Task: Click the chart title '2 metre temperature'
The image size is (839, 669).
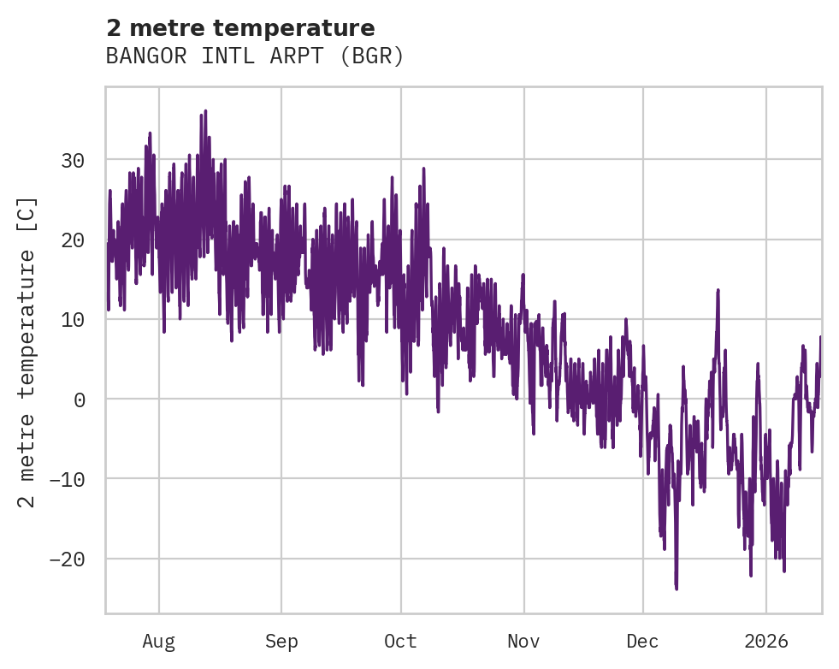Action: [x=240, y=28]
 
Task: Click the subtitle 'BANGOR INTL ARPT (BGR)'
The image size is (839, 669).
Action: [x=254, y=56]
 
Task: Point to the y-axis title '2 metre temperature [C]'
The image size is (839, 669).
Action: [x=27, y=352]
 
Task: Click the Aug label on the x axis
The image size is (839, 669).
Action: [x=158, y=641]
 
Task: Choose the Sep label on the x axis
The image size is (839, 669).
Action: [x=281, y=641]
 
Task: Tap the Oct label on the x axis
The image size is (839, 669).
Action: [x=400, y=641]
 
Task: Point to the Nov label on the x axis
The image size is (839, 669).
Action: [x=523, y=641]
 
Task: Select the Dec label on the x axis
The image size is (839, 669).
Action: [x=642, y=641]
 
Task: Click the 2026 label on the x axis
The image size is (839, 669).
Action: [x=766, y=641]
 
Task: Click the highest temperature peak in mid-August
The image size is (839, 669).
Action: [x=205, y=111]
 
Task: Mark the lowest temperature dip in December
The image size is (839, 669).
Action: [x=676, y=589]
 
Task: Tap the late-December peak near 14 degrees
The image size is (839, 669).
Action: [x=718, y=290]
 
